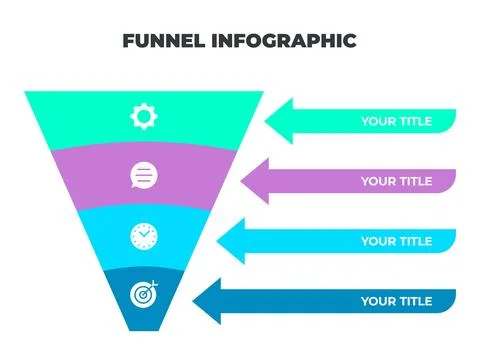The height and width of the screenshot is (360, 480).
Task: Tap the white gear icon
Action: (144, 117)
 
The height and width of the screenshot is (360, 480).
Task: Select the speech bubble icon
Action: (144, 177)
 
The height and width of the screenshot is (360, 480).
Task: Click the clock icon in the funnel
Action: (144, 236)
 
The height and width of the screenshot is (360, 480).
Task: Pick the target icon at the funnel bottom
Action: (144, 295)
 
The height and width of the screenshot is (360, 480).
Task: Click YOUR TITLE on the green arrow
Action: (396, 122)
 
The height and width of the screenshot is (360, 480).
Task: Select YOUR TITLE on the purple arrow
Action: (396, 182)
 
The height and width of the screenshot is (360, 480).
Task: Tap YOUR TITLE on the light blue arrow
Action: (396, 241)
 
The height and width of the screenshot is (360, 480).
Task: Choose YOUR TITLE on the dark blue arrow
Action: (396, 301)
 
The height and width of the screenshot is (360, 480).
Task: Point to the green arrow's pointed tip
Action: (266, 122)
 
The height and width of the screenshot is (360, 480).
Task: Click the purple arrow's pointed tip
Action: (242, 181)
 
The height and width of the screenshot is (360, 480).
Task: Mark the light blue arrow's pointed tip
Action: (218, 241)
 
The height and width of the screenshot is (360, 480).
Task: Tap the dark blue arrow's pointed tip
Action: (193, 301)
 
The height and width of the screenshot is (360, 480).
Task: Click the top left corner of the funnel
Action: (26, 93)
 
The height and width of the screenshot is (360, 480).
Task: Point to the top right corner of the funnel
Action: (262, 93)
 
